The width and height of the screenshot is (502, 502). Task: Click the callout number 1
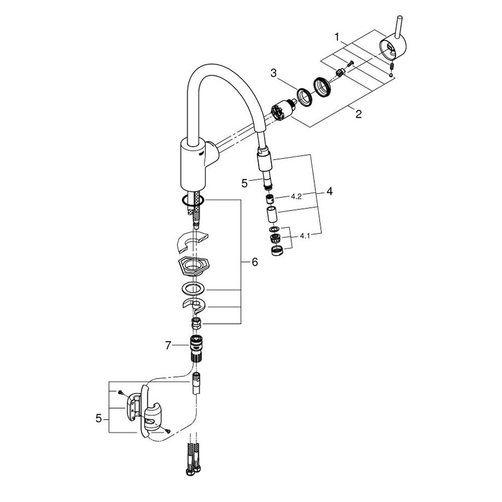337,37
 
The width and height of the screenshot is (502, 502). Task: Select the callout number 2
358,113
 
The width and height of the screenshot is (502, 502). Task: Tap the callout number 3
274,73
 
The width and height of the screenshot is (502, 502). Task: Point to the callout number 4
329,191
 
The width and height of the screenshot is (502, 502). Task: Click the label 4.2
296,197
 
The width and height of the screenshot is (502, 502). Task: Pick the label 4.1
305,236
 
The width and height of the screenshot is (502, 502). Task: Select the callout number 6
255,262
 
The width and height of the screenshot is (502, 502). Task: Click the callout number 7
168,345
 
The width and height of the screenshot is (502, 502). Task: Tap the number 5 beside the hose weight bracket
98,418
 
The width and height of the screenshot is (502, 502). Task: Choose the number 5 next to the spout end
244,183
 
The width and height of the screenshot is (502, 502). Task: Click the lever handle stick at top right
400,27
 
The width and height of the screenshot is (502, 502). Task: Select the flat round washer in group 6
194,289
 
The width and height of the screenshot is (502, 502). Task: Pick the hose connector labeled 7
196,348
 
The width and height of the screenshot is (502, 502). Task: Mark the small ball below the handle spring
391,75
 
